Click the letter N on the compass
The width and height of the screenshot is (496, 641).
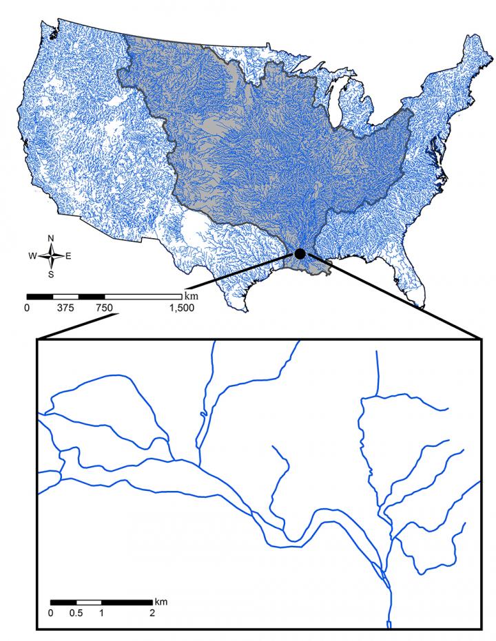(x=51, y=238)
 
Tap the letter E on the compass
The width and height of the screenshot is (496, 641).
(x=68, y=256)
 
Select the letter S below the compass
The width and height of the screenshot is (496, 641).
(x=51, y=274)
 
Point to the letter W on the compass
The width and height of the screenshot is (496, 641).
(x=32, y=256)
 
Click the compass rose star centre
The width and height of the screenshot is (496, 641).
(x=51, y=256)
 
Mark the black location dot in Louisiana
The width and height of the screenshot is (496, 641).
(x=300, y=253)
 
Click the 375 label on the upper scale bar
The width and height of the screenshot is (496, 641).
(x=66, y=308)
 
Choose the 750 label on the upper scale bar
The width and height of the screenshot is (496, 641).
(x=104, y=308)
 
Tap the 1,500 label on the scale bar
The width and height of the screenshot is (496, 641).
(x=181, y=308)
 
